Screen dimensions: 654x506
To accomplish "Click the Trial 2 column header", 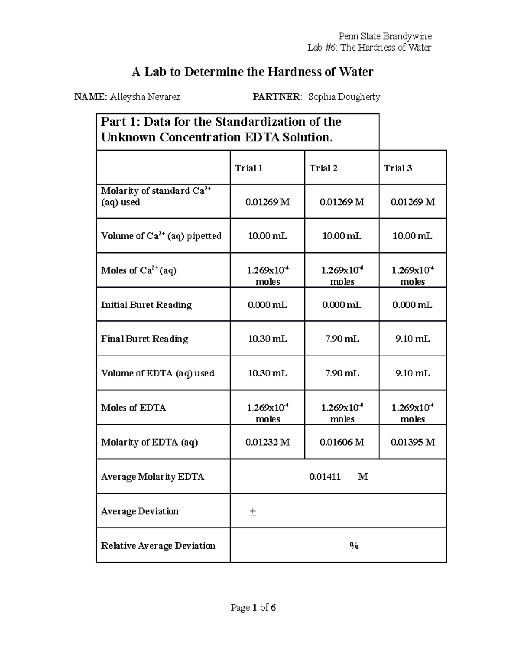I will pos(323,168).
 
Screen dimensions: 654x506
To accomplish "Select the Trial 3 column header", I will pos(398,168).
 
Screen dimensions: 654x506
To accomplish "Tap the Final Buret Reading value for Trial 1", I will pos(267,339).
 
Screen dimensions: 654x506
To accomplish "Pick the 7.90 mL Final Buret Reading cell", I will pos(342,339).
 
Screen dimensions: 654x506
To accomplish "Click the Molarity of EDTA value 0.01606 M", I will pos(342,442).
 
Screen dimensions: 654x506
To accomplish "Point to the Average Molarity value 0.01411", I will pos(325,476).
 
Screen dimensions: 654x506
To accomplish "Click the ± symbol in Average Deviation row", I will pos(253,511).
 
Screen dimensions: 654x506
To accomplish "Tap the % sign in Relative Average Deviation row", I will pos(354,545).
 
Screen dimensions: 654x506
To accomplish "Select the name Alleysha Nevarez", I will pos(145,97).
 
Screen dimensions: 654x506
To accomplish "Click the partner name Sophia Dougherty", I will pos(344,97).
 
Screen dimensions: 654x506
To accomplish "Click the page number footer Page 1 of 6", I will pos(253,607).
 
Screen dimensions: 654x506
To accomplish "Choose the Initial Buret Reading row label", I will pos(146,304).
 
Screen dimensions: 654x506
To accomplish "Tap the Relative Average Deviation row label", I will pos(158,545).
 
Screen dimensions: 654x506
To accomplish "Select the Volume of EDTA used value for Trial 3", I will pos(412,373).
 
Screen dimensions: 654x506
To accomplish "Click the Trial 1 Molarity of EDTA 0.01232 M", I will pos(267,442).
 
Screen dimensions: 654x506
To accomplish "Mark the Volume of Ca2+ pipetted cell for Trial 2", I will pos(342,236).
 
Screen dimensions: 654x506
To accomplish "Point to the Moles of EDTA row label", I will pos(133,408).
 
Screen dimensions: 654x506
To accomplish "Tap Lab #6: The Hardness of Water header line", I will pos(369,47).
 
